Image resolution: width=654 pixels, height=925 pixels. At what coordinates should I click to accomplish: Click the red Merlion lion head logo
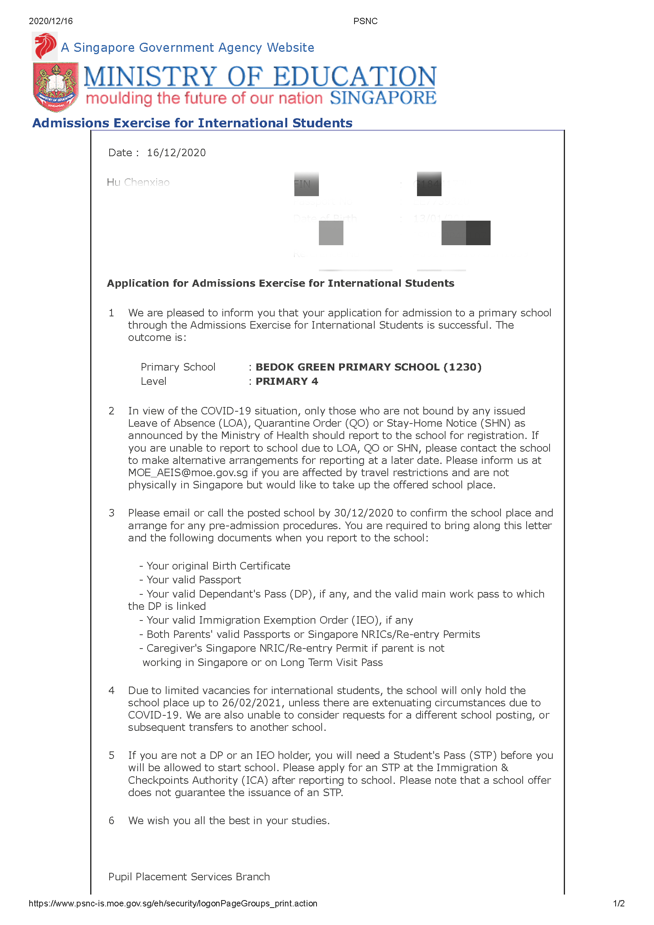coord(45,46)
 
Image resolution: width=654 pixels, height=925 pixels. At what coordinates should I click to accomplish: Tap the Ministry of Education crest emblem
coord(56,86)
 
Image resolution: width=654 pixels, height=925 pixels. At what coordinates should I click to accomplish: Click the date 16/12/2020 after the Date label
coord(176,153)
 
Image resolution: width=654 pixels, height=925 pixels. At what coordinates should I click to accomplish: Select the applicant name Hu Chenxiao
coord(138,182)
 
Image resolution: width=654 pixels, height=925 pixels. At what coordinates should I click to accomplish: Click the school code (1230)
coord(462,367)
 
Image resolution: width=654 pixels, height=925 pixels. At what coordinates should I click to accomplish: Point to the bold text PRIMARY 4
coord(286,381)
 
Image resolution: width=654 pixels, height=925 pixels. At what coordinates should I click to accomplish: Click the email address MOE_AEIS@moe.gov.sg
coord(188,473)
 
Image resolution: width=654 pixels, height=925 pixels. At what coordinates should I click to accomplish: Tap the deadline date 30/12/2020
coord(364,513)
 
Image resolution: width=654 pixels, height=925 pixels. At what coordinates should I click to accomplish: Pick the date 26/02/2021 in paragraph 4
coord(251,703)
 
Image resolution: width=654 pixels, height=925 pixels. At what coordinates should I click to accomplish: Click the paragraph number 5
coord(112,755)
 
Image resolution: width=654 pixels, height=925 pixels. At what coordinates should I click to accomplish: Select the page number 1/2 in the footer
coord(618,903)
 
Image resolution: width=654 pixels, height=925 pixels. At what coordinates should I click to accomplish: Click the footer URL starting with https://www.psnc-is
coord(173,903)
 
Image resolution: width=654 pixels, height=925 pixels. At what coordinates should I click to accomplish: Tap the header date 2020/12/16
coord(51,21)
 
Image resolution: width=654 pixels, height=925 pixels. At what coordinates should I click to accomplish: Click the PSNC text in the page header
coord(365,21)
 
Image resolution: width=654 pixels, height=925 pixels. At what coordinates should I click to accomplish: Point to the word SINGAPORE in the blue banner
coord(383,98)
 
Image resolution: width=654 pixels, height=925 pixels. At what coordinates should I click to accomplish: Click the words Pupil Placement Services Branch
coord(189,877)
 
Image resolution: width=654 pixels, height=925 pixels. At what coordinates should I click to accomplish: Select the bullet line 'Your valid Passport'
coord(193,580)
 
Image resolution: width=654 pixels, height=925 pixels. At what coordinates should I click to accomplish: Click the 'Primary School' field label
coord(178,367)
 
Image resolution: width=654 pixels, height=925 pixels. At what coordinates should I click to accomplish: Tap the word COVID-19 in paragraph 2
coord(226,411)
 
